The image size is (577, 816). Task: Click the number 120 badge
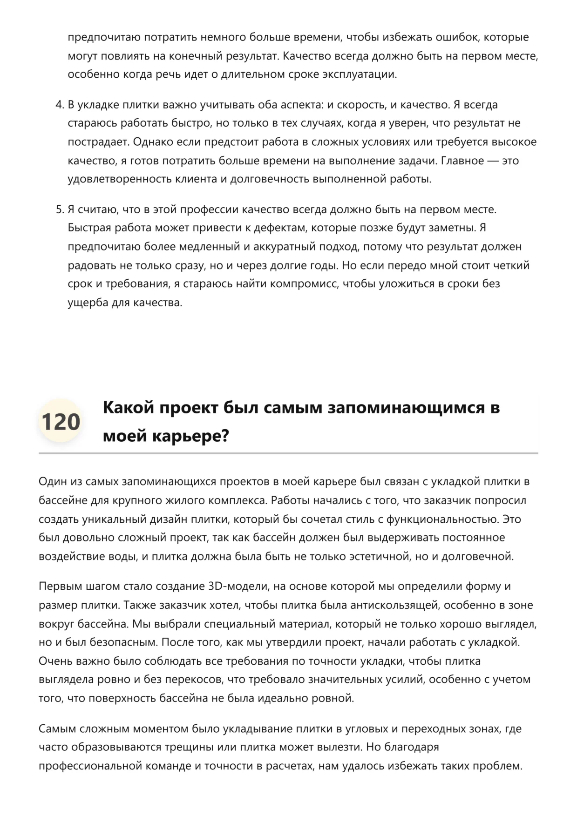[61, 422]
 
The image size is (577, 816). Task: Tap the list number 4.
[59, 105]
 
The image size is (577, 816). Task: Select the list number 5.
[59, 209]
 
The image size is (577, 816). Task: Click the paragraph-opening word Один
[53, 481]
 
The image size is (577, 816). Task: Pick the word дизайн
[168, 519]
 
